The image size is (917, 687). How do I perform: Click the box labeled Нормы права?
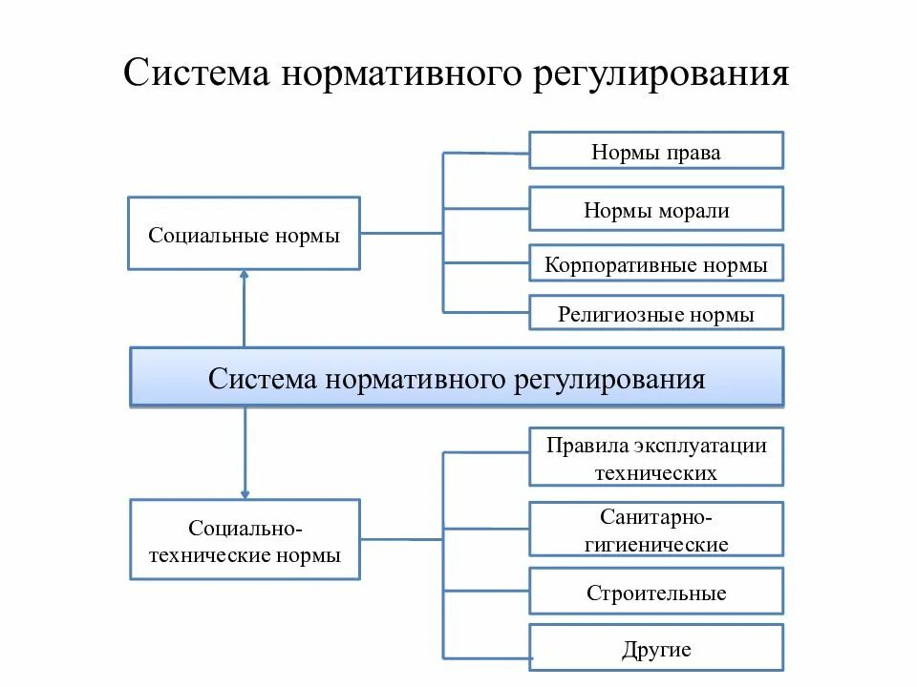pos(656,151)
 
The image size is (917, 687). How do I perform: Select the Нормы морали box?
pos(656,209)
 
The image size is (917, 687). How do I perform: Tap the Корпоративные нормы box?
pos(656,263)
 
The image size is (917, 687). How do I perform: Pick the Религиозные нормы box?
pos(656,313)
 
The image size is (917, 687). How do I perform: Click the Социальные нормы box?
pos(245,234)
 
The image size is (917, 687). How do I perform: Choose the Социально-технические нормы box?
pos(245,539)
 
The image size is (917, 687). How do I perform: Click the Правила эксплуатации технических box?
pos(656,457)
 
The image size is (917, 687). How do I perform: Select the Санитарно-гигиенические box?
pos(656,530)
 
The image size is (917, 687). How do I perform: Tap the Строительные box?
pos(656,592)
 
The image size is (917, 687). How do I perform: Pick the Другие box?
pos(656,648)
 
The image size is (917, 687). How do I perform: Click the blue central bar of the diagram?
pos(457,378)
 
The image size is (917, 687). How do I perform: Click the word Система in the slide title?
pos(195,73)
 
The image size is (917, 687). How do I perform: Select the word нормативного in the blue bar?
pos(416,380)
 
